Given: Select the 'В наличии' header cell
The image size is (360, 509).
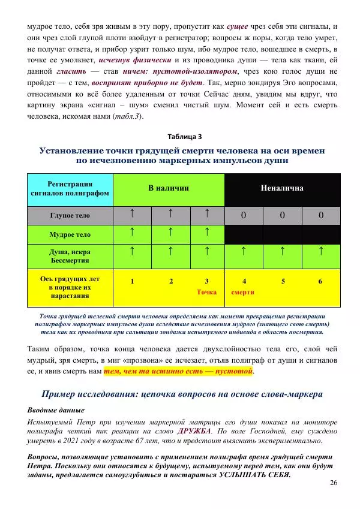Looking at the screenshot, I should (x=169, y=188).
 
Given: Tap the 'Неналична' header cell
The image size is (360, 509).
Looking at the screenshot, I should (x=282, y=188).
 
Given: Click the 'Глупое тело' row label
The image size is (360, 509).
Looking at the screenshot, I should (x=70, y=215).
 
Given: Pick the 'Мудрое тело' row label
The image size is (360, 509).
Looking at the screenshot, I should (x=70, y=234).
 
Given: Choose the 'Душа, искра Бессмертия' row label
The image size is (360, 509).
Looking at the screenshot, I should (x=70, y=256).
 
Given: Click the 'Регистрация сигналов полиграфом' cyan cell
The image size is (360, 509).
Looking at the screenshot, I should (x=70, y=188).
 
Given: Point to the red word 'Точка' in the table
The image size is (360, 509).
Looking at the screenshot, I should (x=206, y=293).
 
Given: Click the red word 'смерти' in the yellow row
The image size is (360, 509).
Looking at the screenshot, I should (x=242, y=293).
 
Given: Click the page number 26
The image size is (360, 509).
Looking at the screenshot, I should (x=334, y=483).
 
